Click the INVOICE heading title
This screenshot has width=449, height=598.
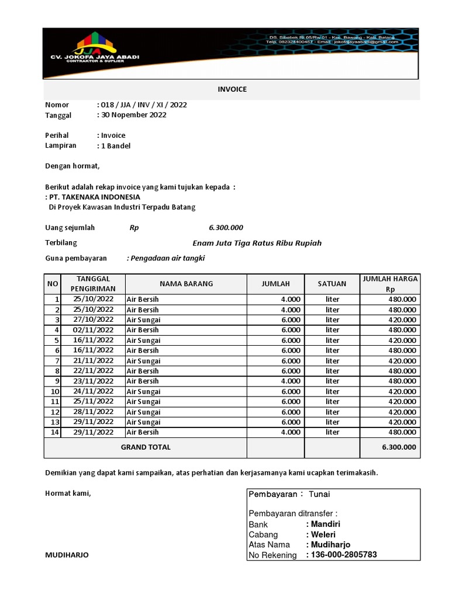(x=232, y=89)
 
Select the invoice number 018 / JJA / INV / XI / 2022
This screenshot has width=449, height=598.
(x=144, y=105)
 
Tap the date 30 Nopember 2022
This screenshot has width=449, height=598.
(x=134, y=115)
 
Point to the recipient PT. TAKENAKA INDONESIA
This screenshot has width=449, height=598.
(x=95, y=197)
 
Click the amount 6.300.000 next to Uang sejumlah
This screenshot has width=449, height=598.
(x=226, y=228)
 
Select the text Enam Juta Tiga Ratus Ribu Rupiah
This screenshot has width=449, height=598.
(x=257, y=243)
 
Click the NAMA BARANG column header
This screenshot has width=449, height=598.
(x=186, y=284)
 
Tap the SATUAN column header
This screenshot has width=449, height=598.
(x=332, y=284)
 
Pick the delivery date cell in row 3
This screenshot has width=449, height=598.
(x=93, y=319)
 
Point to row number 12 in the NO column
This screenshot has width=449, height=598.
(x=55, y=412)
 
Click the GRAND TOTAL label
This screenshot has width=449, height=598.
(x=146, y=447)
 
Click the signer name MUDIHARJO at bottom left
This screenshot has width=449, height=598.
(x=67, y=555)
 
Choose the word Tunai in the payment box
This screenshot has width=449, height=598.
(x=319, y=494)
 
